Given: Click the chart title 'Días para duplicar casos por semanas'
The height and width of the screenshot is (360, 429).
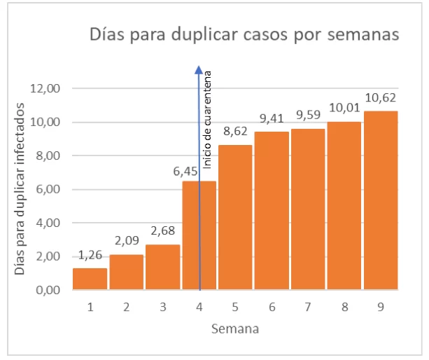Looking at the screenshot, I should pyautogui.click(x=244, y=34).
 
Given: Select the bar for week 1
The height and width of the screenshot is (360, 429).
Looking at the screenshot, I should pyautogui.click(x=90, y=279).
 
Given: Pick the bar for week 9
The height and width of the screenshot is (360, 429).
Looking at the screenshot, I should pyautogui.click(x=380, y=200).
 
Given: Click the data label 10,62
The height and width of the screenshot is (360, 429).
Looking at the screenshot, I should pyautogui.click(x=380, y=98).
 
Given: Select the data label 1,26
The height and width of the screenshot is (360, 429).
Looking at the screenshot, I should pyautogui.click(x=90, y=256).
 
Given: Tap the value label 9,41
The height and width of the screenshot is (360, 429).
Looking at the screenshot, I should pyautogui.click(x=271, y=120).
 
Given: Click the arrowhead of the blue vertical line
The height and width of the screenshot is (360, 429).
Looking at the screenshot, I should pyautogui.click(x=199, y=69).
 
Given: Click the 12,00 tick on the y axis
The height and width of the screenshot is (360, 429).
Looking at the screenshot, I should pyautogui.click(x=47, y=88).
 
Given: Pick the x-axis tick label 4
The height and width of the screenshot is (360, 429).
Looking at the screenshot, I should pyautogui.click(x=199, y=306).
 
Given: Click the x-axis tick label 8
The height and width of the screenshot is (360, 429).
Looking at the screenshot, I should pyautogui.click(x=344, y=306).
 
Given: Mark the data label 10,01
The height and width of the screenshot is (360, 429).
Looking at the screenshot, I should pyautogui.click(x=344, y=110).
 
